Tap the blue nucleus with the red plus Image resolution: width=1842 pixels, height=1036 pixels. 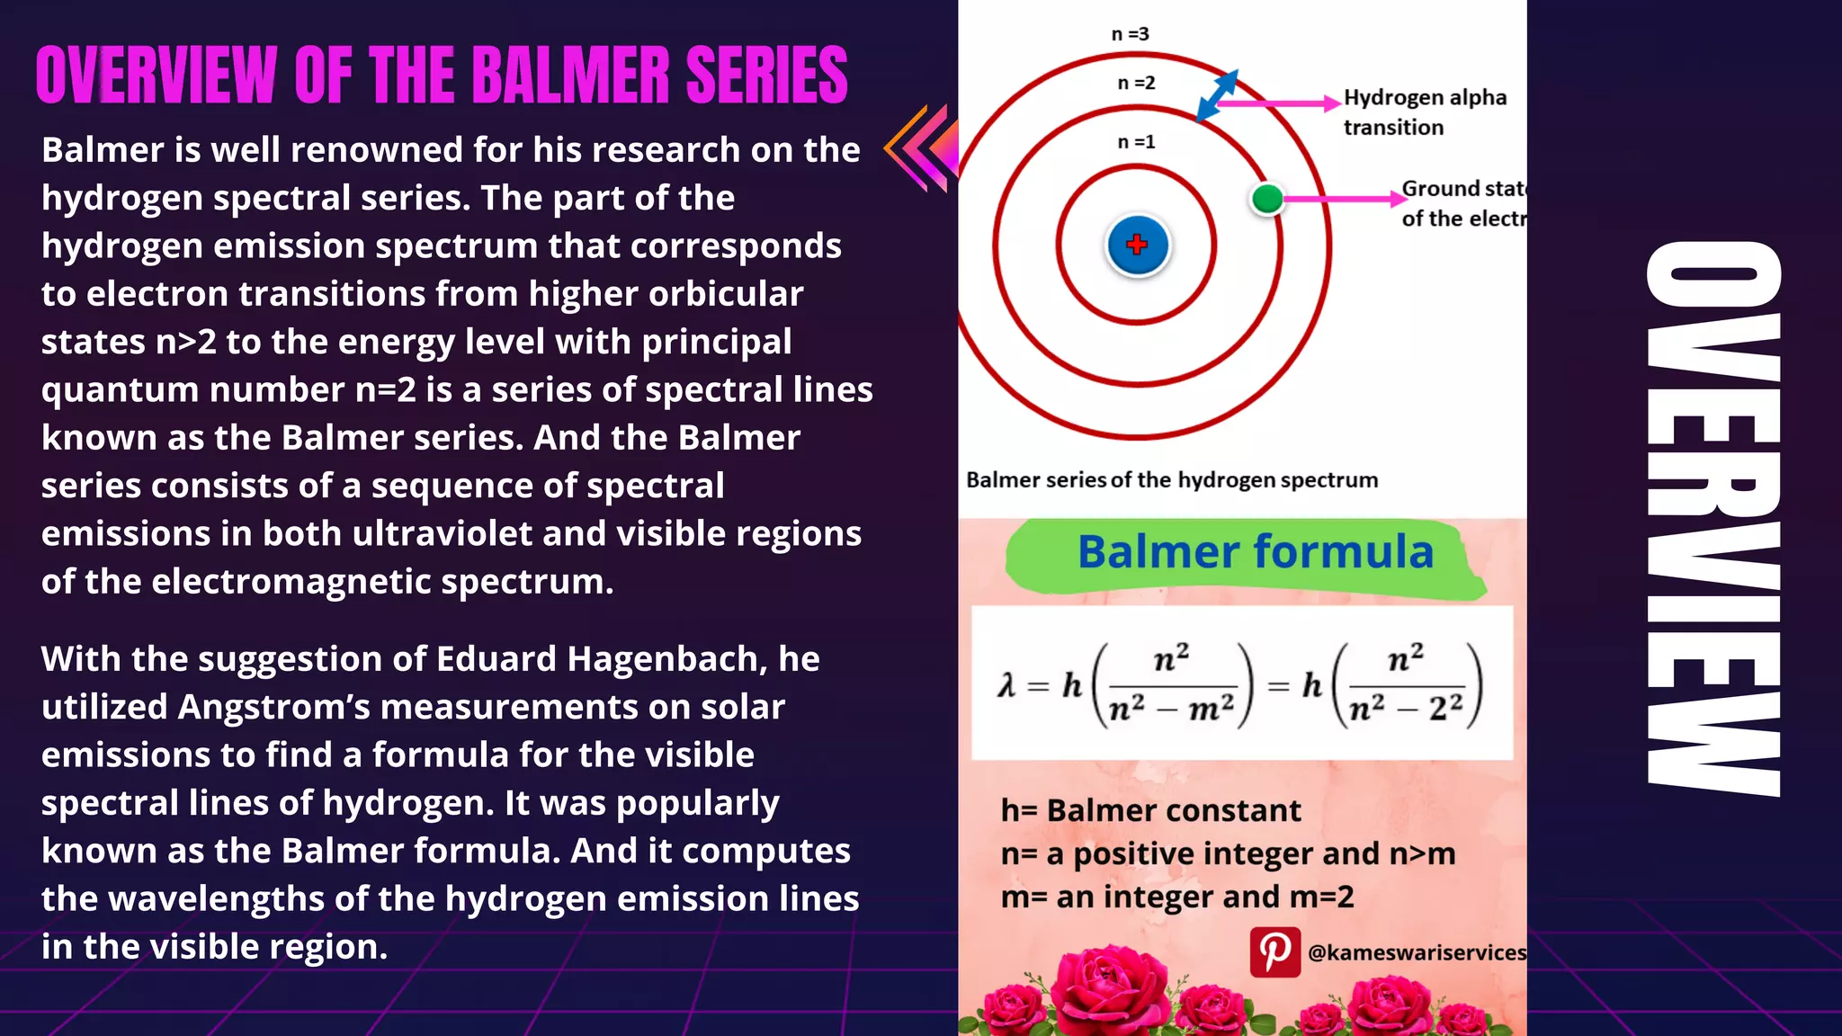point(1137,245)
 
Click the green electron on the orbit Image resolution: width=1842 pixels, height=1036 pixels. point(1267,199)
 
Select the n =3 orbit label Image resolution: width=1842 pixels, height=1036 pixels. point(1130,34)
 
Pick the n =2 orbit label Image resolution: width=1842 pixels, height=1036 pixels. point(1136,83)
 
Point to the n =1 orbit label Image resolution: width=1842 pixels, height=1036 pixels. point(1136,142)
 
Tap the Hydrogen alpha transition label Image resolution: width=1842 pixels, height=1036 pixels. point(1424,112)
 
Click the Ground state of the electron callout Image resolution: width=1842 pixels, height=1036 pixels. point(1462,203)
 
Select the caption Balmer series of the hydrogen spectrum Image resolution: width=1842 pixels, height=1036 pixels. point(1171,480)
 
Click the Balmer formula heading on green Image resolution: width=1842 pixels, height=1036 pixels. point(1255,551)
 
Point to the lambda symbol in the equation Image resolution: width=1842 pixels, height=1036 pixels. point(1006,686)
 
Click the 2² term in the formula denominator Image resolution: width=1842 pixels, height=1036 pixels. point(1445,708)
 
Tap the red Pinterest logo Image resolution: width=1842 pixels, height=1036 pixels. point(1274,951)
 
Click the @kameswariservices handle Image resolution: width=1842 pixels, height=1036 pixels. point(1417,952)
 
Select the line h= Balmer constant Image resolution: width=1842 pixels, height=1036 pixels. point(1150,810)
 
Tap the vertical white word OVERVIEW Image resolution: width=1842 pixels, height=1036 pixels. point(1713,518)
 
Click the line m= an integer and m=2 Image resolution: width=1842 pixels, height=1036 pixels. point(1176,897)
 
